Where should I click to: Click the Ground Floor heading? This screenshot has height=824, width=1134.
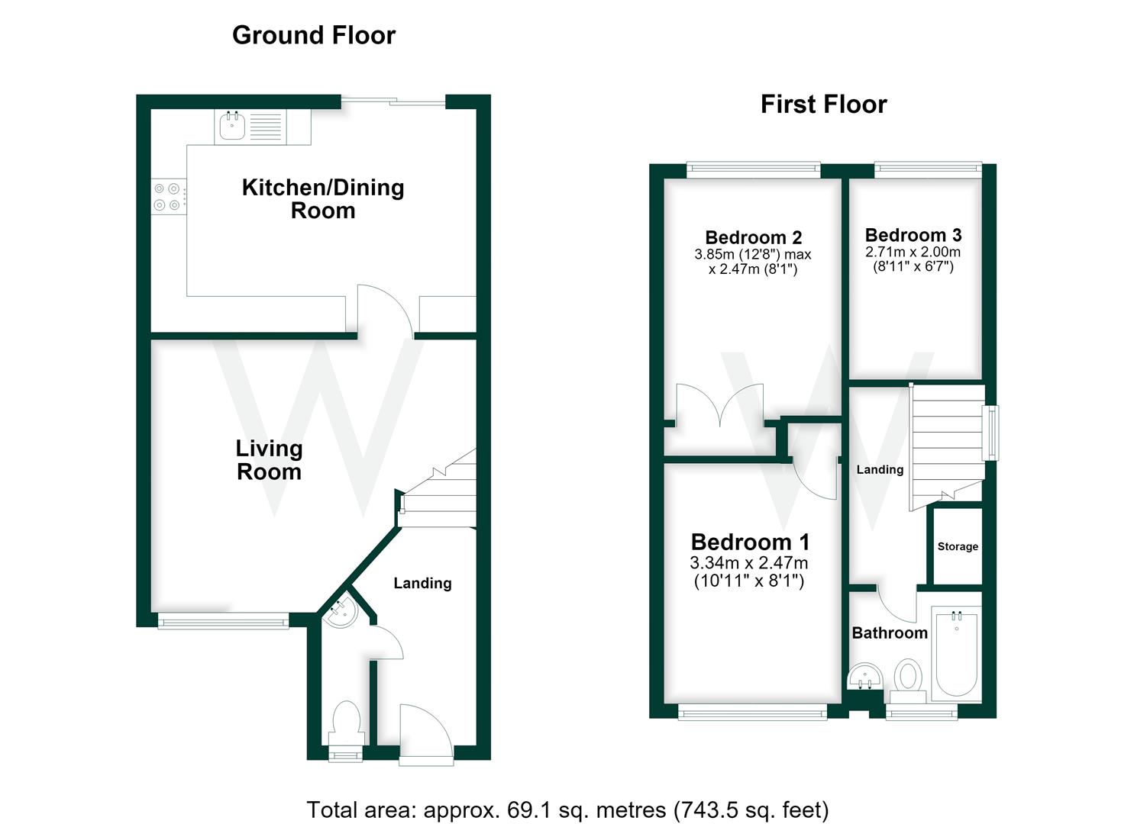click(x=314, y=35)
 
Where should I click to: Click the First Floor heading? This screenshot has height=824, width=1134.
click(x=824, y=105)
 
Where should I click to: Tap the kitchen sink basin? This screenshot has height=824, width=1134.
click(x=232, y=126)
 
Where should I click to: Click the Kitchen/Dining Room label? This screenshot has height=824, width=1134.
click(x=323, y=199)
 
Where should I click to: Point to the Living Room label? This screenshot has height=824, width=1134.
click(x=270, y=460)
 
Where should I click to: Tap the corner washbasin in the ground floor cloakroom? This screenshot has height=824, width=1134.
click(x=341, y=611)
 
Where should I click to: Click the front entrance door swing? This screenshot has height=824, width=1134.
click(x=425, y=732)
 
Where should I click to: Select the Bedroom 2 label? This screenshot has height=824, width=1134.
click(x=753, y=237)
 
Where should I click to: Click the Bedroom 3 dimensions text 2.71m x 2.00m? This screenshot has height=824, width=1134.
click(x=913, y=252)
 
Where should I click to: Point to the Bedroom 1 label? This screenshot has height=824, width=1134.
click(x=750, y=542)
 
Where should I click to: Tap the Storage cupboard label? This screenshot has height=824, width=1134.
click(x=958, y=546)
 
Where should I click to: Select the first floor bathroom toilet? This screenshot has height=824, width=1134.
click(x=908, y=681)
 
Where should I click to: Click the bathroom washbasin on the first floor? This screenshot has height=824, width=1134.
click(x=864, y=676)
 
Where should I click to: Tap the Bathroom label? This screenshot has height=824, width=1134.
click(x=890, y=632)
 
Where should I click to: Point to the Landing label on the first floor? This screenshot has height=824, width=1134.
click(x=880, y=469)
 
